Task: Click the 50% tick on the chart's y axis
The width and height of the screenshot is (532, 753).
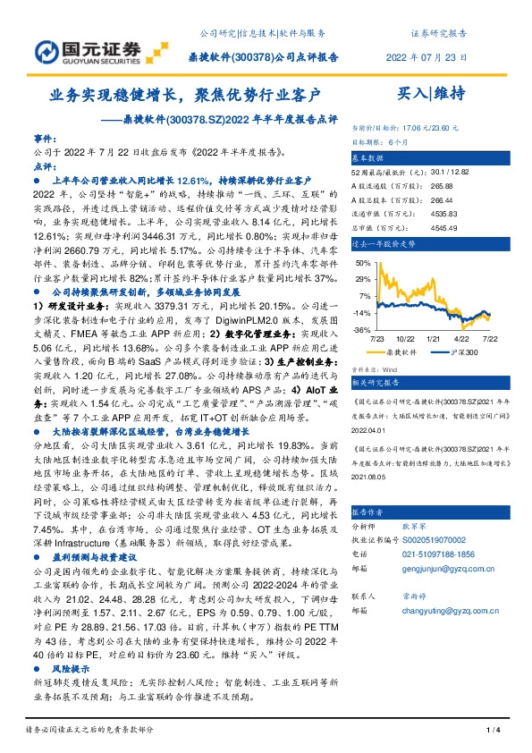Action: (x=363, y=263)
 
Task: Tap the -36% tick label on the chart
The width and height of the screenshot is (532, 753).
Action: (x=362, y=330)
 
